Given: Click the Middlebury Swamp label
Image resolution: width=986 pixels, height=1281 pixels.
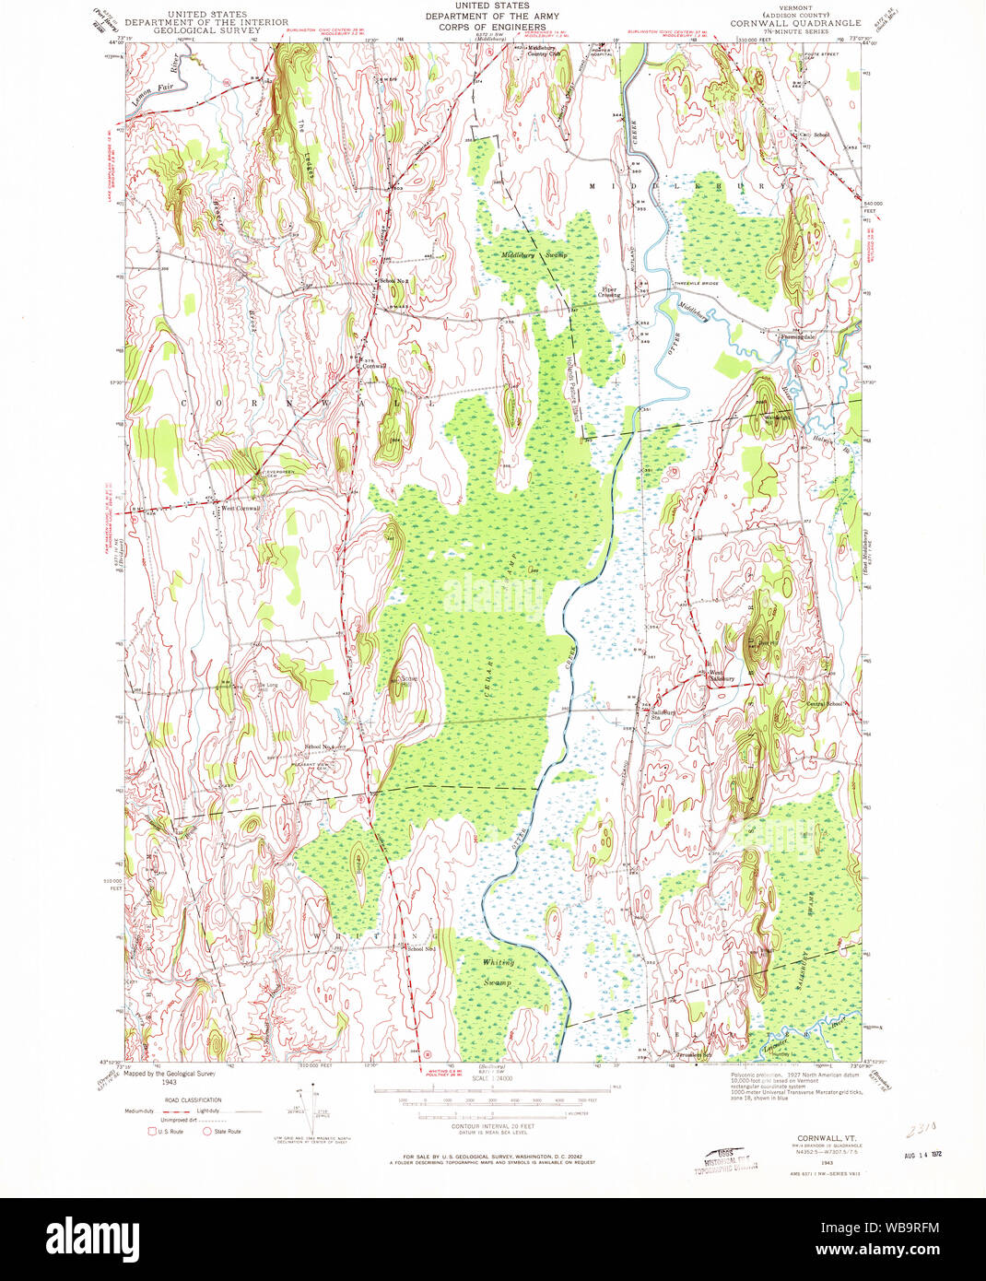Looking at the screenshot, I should click(x=534, y=254).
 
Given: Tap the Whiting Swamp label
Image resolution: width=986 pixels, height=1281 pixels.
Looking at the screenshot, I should click(x=498, y=972).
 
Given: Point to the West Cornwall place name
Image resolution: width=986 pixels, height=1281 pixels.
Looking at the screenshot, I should click(x=240, y=508).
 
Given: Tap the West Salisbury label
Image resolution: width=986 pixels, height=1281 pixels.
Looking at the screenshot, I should click(x=722, y=676).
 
